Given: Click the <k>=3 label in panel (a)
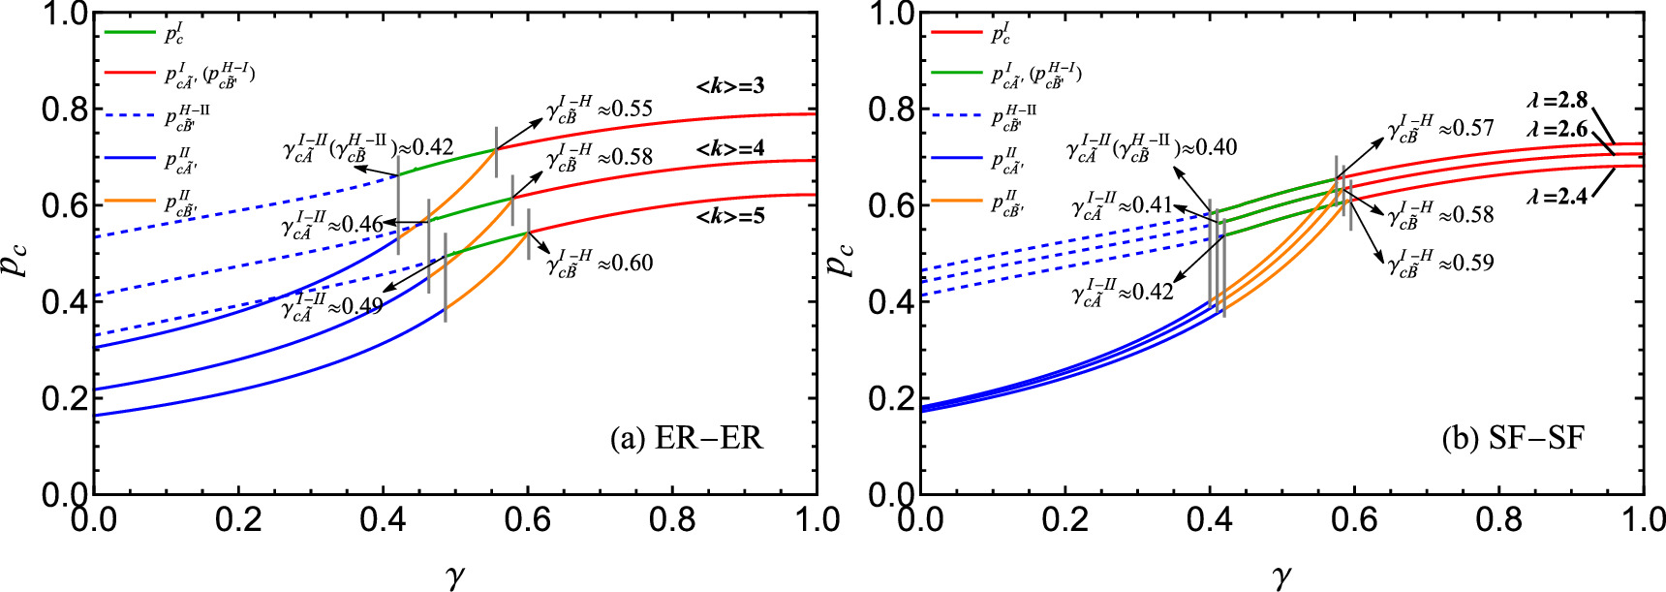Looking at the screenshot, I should pos(730,86).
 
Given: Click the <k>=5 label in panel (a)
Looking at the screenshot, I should pos(730,216).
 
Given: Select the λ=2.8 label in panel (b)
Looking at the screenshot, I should pos(1557,101).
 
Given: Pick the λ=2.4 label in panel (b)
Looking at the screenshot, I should pos(1557,197).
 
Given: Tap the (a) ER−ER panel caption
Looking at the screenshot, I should pos(687,439).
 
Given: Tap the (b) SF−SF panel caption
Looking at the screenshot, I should pos(1513,439).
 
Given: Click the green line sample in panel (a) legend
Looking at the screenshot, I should pos(130,33).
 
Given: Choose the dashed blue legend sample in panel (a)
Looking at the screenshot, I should pos(130,115).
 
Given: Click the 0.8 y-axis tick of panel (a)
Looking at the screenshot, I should pos(64,109).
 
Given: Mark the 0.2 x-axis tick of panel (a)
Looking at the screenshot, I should pos(238,520).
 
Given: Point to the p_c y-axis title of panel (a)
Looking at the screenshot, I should pos(17,254).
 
